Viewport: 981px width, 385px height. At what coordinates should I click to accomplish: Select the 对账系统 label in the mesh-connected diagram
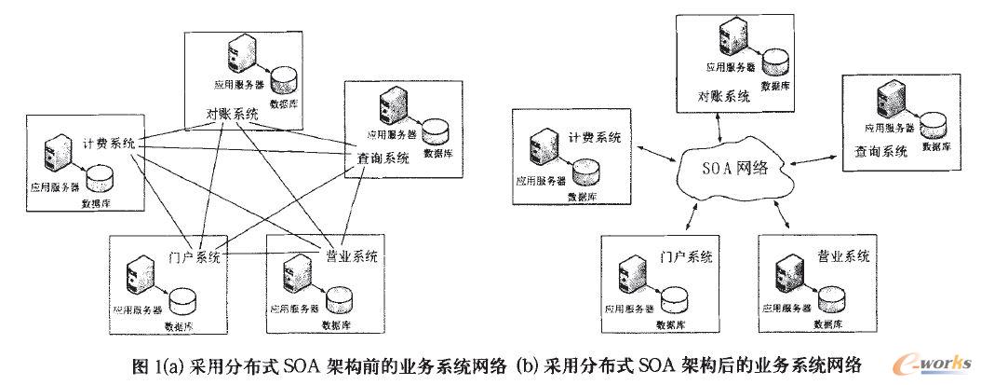tap(232, 115)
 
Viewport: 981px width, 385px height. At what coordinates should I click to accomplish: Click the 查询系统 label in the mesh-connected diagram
tap(383, 158)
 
